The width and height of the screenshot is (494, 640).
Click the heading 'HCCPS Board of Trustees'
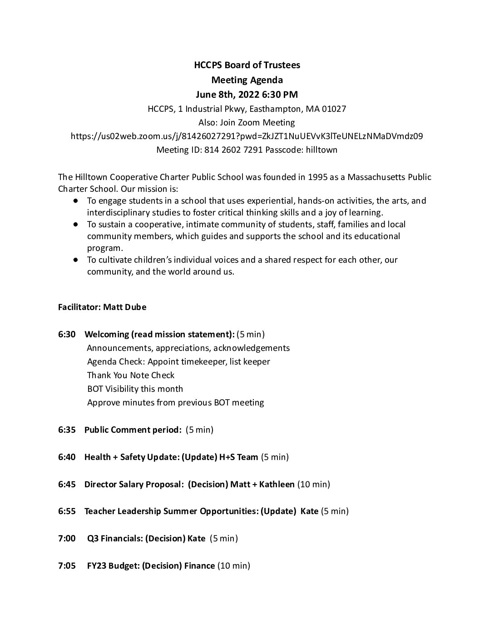tap(247, 65)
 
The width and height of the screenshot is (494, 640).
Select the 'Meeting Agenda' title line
tap(247, 80)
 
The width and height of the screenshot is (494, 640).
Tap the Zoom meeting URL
tap(247, 136)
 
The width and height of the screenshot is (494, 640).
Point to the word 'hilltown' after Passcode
tap(322, 150)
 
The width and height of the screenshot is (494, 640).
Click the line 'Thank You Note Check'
tap(131, 375)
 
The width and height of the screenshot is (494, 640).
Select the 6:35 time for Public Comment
tap(67, 430)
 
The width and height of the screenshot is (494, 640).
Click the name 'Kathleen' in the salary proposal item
tap(277, 484)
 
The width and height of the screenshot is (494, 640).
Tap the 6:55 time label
tap(67, 511)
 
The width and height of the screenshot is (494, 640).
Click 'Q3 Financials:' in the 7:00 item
tap(115, 538)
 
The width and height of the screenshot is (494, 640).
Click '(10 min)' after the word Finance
tap(234, 565)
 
